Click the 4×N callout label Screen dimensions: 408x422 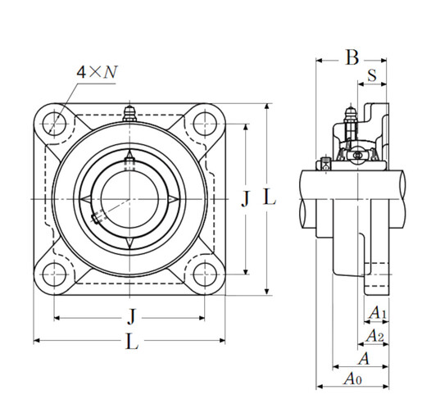pyautogui.click(x=97, y=72)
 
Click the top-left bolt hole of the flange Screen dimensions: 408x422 pyautogui.click(x=56, y=124)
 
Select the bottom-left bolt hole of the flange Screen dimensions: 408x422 pyautogui.click(x=56, y=273)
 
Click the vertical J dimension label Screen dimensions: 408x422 pyautogui.click(x=243, y=198)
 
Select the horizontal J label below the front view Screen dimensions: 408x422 pyautogui.click(x=130, y=315)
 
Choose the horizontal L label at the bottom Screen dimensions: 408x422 pyautogui.click(x=130, y=342)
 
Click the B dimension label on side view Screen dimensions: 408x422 pyautogui.click(x=352, y=57)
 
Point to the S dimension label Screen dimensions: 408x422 pyautogui.click(x=372, y=75)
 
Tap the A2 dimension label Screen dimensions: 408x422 pyautogui.click(x=374, y=336)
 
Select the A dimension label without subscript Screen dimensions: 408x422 pyautogui.click(x=364, y=358)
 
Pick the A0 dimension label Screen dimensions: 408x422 pyautogui.click(x=352, y=379)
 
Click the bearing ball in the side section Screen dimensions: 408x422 pyautogui.click(x=358, y=154)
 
